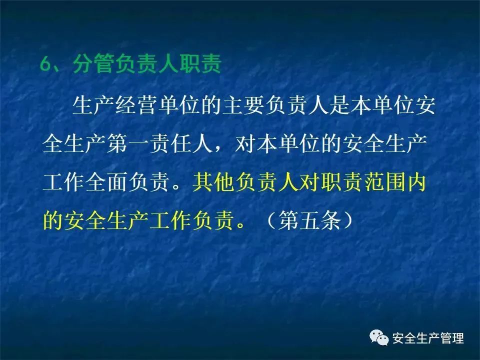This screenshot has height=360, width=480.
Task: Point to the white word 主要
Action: [x=243, y=105]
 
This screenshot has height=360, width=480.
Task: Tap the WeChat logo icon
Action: [x=379, y=337]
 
